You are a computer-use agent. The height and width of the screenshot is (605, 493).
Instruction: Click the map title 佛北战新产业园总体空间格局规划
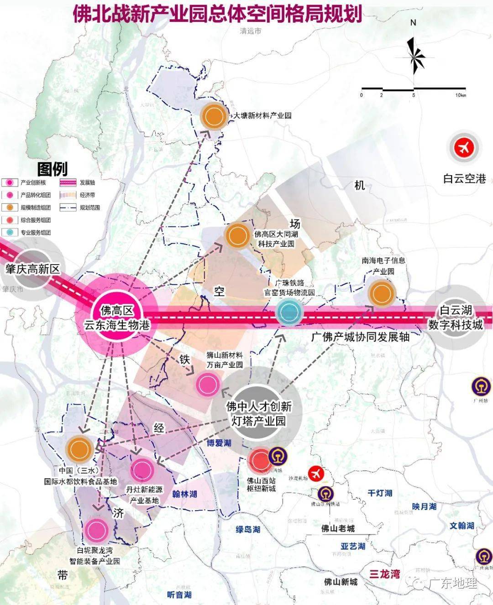(x=217, y=14)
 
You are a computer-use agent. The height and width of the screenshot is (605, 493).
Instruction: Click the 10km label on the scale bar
(x=460, y=95)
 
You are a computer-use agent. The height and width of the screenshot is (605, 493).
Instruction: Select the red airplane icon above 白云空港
(x=465, y=148)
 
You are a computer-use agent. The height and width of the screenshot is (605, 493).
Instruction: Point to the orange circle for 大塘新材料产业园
(x=214, y=116)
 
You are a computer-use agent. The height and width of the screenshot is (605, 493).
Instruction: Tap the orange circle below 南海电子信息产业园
(x=381, y=293)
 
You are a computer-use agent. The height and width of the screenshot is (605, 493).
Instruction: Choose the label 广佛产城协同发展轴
(x=360, y=337)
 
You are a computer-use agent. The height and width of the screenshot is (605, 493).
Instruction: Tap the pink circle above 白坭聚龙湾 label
(x=96, y=530)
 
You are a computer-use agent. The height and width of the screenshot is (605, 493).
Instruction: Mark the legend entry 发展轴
(x=87, y=183)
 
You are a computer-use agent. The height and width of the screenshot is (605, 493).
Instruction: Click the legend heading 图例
(x=52, y=169)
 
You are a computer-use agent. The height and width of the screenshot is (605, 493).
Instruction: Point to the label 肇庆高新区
(x=32, y=269)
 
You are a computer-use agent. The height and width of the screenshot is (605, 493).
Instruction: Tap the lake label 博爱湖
(x=219, y=443)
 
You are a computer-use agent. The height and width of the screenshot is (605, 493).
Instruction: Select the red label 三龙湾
(x=384, y=574)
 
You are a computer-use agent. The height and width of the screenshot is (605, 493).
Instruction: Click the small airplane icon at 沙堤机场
(x=315, y=474)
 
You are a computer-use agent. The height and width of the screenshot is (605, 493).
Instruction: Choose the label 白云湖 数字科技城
(x=455, y=318)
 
